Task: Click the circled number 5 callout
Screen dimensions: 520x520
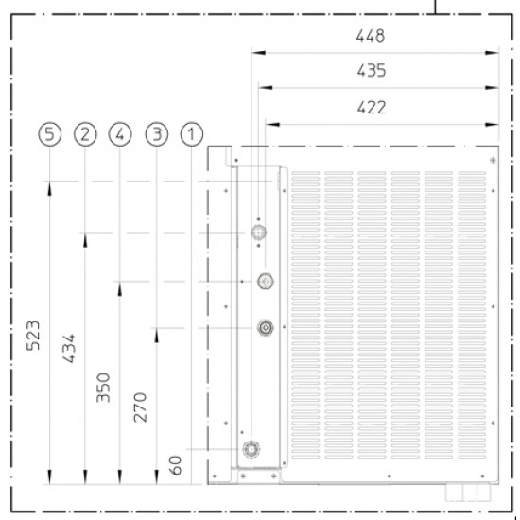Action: pos(50,134)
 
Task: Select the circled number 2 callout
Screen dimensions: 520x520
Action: pos(85,134)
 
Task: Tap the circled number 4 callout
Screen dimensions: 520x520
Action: pos(120,134)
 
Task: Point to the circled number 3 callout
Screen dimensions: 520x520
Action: pos(157,134)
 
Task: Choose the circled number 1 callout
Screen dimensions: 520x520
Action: pos(192,134)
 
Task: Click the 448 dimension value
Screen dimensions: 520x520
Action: pos(371,36)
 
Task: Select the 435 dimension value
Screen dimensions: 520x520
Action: pos(372,71)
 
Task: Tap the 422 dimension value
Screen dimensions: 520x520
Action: pos(372,108)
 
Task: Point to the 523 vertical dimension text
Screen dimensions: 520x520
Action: pos(33,336)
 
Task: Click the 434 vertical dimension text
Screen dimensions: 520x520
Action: pos(69,349)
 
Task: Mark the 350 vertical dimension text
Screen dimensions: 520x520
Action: pos(103,388)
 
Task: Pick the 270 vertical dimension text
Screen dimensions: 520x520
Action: pos(140,407)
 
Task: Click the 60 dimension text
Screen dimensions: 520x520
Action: pos(176,465)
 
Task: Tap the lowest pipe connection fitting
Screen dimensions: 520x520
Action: pos(251,449)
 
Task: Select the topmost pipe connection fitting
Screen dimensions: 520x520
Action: pos(258,233)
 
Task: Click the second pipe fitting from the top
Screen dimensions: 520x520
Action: pos(266,281)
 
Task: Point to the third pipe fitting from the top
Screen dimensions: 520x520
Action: pos(266,328)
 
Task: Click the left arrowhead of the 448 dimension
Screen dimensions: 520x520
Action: pos(258,52)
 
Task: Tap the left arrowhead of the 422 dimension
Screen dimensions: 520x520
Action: pos(272,125)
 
